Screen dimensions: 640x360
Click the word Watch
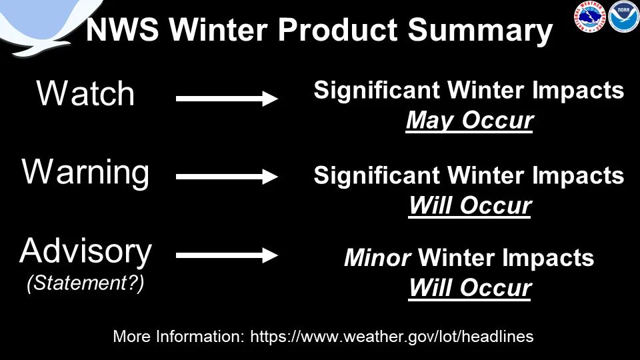coord(85,93)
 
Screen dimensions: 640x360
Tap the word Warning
coord(85,172)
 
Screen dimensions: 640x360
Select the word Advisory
coord(85,252)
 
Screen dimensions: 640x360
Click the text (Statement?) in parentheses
coord(85,283)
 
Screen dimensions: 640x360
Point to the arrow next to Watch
coord(227,99)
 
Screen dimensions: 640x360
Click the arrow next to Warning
coord(227,177)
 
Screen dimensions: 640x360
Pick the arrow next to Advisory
coord(227,255)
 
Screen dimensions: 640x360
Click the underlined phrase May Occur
coord(469,121)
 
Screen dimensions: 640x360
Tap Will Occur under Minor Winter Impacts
coord(470,288)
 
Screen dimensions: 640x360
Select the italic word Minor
coord(377,258)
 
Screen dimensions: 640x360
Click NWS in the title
coord(122,30)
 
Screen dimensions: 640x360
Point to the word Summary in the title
coord(480,31)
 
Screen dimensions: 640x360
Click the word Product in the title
coord(337,30)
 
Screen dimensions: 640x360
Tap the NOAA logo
coord(623,17)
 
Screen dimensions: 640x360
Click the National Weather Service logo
coord(590,17)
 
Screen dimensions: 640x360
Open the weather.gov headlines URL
coord(392,337)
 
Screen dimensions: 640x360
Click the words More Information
coord(179,337)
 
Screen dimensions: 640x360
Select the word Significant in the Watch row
coord(376,90)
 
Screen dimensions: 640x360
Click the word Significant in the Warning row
coord(376,175)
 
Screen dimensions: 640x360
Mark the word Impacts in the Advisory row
coord(548,259)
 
